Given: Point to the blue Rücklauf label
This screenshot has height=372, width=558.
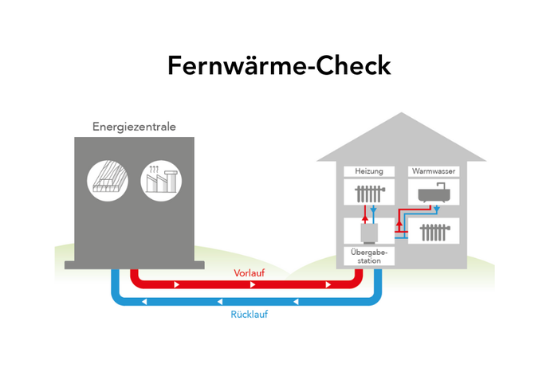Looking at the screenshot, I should click(x=249, y=315).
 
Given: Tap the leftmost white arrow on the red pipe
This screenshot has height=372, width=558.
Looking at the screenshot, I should click(x=177, y=284).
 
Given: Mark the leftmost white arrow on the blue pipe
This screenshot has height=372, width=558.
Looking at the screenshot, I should click(x=144, y=302).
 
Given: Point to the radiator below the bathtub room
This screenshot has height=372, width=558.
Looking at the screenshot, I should click(x=434, y=232).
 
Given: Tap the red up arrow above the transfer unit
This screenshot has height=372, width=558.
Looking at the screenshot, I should click(x=363, y=213).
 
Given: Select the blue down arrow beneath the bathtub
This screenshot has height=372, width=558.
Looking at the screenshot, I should click(x=437, y=209).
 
